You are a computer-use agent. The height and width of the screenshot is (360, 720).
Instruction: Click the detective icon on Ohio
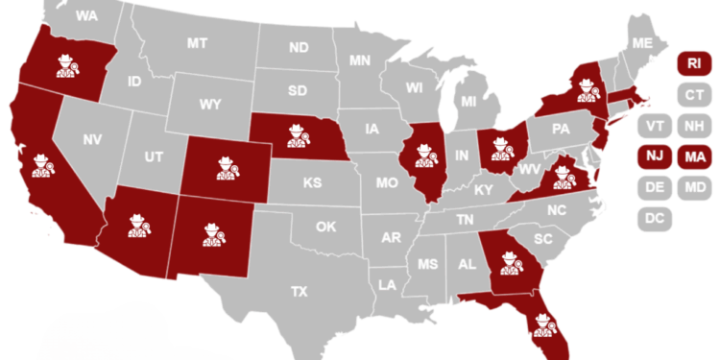(x=501, y=147)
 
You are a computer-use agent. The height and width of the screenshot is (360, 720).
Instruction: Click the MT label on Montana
(x=198, y=43)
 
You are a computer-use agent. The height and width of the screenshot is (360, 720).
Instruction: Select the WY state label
(x=208, y=103)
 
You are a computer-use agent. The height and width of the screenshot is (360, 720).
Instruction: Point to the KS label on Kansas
(x=311, y=182)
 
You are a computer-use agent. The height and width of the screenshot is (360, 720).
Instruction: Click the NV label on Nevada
(x=92, y=140)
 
